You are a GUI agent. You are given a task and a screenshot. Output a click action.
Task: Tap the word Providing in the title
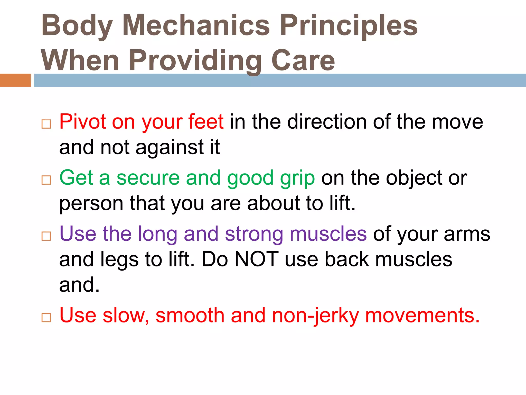click(195, 61)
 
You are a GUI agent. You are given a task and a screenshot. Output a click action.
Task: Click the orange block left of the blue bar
click(15, 80)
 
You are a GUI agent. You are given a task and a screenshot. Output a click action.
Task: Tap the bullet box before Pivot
click(46, 124)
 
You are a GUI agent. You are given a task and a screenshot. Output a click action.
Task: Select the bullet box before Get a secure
click(46, 180)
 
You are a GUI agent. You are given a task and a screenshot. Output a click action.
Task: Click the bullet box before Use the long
click(46, 236)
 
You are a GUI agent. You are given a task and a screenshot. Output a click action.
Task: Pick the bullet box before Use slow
click(46, 318)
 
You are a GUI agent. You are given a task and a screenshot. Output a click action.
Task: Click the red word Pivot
click(82, 121)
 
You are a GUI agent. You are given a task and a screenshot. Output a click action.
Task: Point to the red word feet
click(206, 121)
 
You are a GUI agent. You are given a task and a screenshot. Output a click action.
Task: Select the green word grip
click(297, 178)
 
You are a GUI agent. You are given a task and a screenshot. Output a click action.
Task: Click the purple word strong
click(254, 234)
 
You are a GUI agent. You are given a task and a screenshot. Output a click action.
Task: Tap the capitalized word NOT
click(257, 259)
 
